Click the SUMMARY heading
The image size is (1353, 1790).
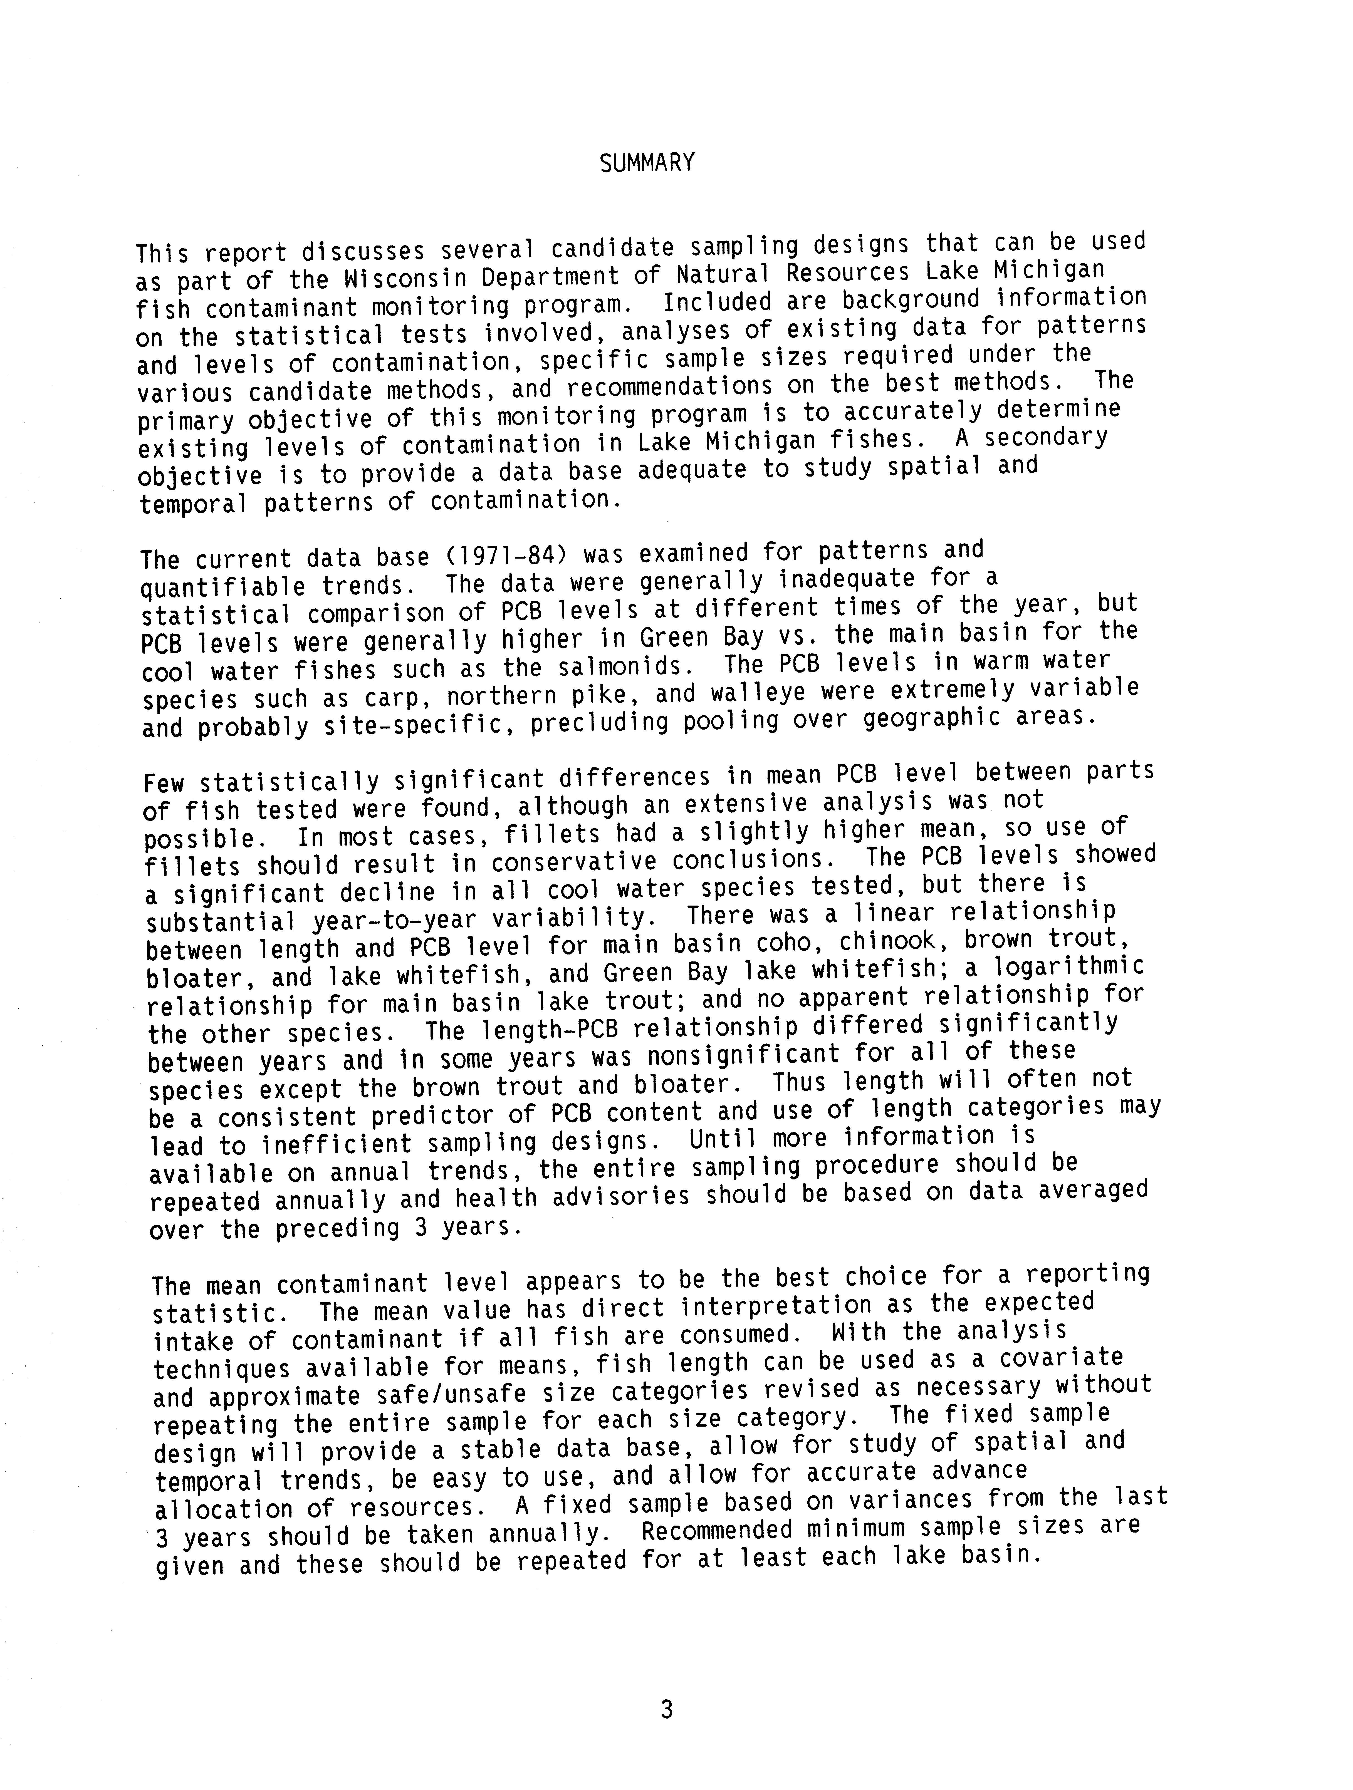click(x=647, y=163)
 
